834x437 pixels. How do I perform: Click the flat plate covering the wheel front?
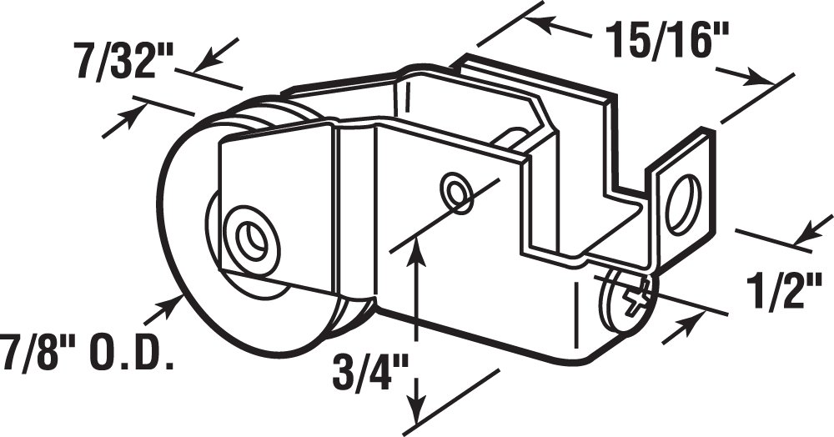pos(275,208)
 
